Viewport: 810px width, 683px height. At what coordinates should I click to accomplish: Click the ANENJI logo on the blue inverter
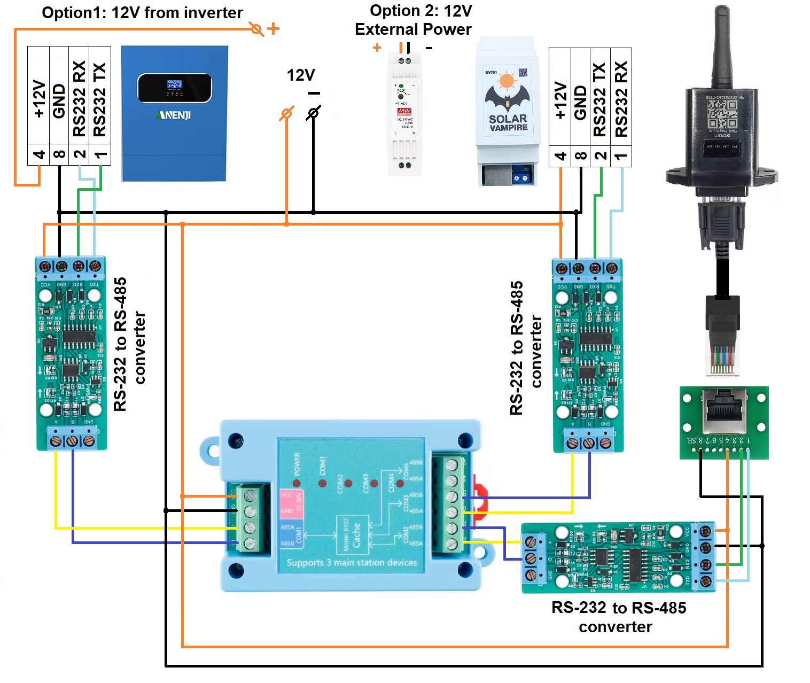(174, 115)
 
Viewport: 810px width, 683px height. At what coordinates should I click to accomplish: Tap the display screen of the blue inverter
(175, 88)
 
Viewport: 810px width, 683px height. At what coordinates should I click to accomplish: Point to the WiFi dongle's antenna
(722, 46)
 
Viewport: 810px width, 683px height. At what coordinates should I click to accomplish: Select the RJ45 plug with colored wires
(722, 337)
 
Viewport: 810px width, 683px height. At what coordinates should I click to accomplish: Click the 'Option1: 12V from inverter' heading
(142, 13)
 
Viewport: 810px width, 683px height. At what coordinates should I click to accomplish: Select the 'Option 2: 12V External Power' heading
(414, 20)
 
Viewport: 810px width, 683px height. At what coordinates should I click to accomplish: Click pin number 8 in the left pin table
(59, 155)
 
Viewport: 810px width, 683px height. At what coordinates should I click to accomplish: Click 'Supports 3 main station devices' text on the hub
(352, 563)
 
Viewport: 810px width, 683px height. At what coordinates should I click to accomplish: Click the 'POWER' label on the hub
(298, 464)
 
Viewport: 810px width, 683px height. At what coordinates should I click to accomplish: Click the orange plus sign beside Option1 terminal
(273, 28)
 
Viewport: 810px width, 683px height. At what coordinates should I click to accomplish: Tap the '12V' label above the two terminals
(301, 75)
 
